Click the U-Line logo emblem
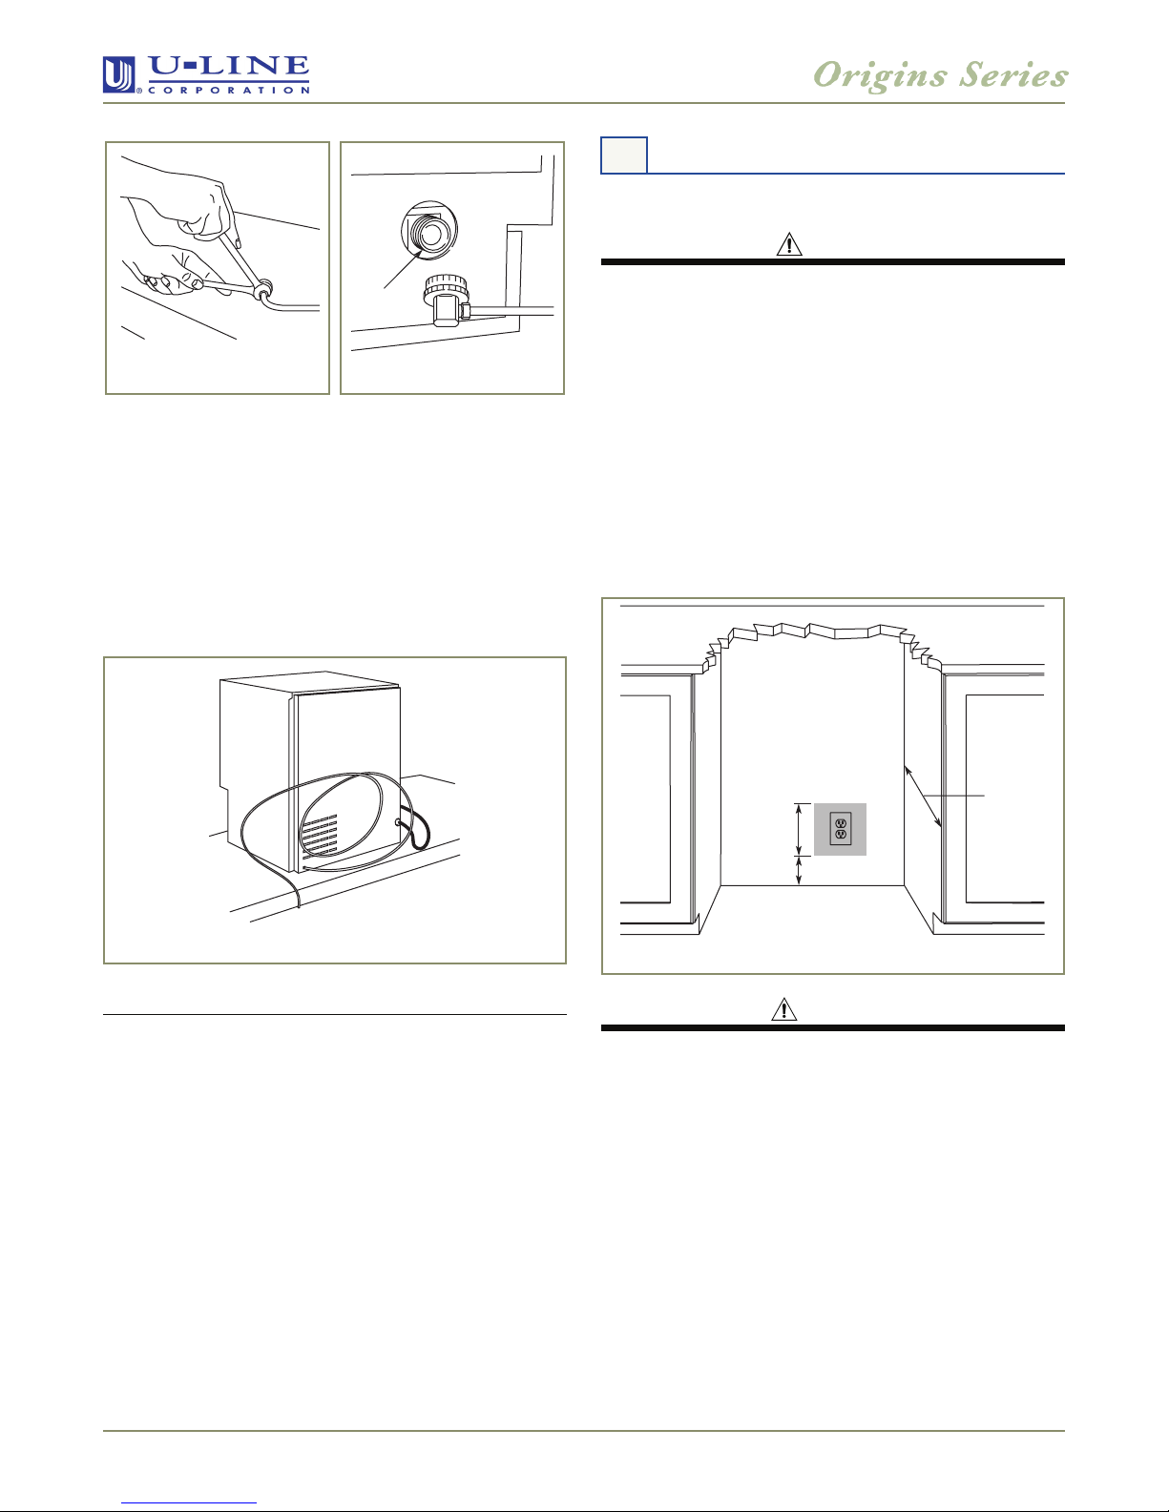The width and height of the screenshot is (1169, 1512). [119, 74]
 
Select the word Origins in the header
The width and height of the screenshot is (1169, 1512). [880, 75]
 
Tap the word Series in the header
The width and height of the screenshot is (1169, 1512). [1013, 74]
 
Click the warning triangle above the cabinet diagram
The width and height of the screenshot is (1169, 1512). [789, 244]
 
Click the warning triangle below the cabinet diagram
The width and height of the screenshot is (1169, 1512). [784, 1009]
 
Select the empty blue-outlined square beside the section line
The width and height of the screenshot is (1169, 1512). [624, 155]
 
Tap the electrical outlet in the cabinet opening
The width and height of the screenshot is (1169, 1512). [841, 829]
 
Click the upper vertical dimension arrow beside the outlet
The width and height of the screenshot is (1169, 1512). [799, 829]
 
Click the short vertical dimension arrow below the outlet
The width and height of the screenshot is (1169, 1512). [799, 870]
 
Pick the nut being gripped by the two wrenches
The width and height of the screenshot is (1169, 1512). [263, 289]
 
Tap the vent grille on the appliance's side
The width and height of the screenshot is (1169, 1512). [320, 835]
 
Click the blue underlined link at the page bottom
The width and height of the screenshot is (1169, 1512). [189, 1503]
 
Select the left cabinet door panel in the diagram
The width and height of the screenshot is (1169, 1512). [646, 798]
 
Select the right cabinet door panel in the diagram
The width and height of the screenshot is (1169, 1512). [1005, 798]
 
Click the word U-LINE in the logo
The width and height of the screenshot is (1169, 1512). [229, 68]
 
